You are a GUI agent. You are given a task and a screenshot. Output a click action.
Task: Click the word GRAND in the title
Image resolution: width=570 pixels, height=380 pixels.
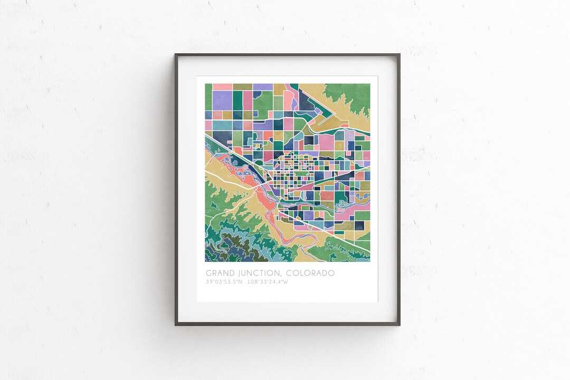(218, 273)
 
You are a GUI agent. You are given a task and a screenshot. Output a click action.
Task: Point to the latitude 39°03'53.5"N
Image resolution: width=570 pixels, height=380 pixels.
(224, 282)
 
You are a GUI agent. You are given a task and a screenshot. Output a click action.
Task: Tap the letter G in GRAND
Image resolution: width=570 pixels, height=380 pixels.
(208, 273)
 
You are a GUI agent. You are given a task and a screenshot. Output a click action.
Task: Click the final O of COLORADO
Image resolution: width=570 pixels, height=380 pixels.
(331, 273)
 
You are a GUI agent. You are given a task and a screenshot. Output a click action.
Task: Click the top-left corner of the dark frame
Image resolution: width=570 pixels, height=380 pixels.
(176, 54)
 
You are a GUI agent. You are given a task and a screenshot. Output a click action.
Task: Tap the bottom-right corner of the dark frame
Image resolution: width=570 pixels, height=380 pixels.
(399, 325)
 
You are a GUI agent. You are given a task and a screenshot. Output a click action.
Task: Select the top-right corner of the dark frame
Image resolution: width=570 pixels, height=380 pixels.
(399, 54)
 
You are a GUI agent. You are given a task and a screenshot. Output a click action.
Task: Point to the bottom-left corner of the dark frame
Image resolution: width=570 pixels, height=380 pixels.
(176, 325)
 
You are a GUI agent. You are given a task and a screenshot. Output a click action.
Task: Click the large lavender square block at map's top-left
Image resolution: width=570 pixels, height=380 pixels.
(222, 100)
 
